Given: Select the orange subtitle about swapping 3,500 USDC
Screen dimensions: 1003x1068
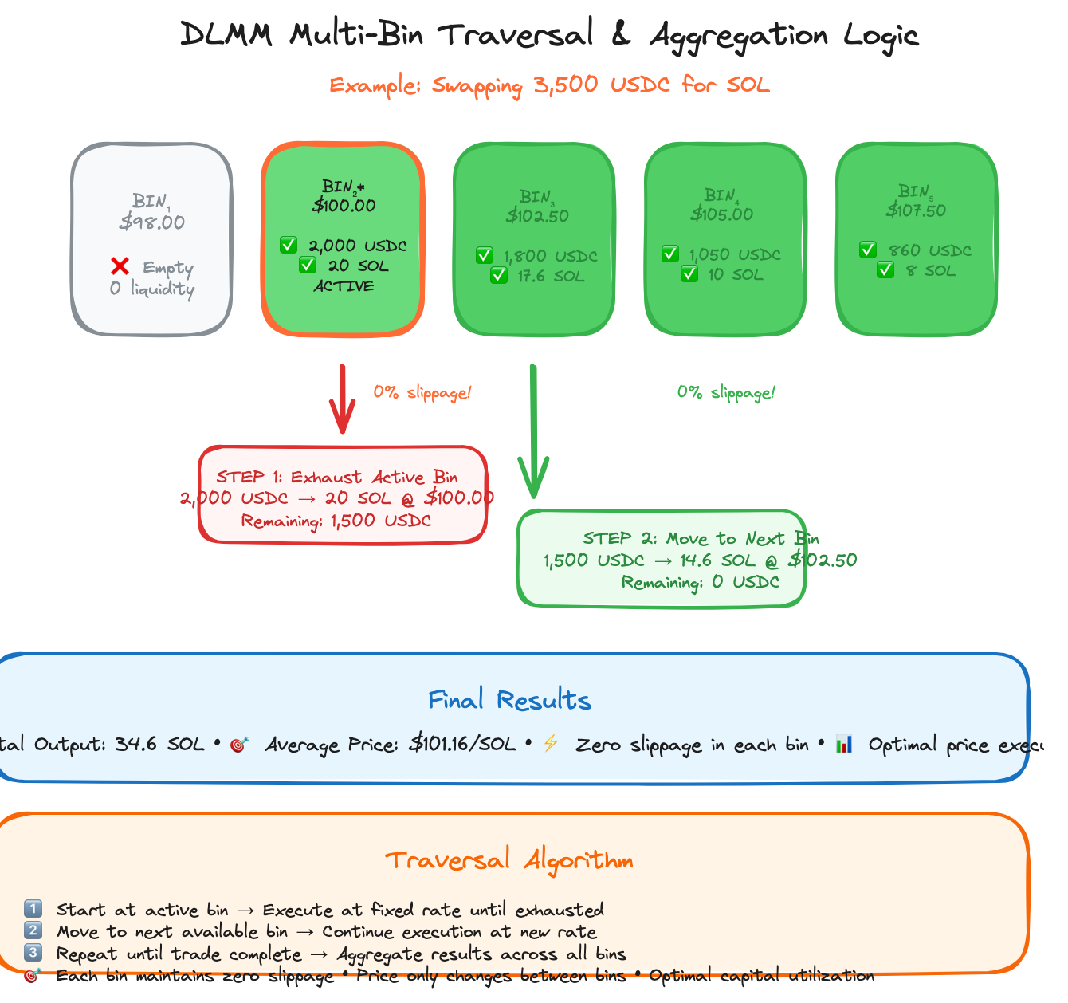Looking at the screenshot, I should click(549, 85).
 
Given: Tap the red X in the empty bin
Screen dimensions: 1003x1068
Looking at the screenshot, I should click(120, 266).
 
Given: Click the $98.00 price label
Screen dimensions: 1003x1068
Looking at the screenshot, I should click(151, 222).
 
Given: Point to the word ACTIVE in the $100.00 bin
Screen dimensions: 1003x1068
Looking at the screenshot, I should click(343, 286).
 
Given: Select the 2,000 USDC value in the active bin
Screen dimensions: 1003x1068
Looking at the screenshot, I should click(357, 246).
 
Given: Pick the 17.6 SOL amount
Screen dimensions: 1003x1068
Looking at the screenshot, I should click(551, 276).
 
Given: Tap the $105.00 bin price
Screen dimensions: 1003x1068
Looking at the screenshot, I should click(722, 214).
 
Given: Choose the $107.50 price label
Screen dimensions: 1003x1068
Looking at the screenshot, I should click(916, 210).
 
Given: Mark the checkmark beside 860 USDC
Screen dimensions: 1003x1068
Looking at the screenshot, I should click(868, 250).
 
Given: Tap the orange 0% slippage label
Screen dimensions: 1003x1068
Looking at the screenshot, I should click(422, 392).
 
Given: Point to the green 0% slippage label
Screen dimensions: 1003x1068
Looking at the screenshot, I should click(726, 392).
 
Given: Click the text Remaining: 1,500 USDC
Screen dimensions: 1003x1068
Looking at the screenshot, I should click(336, 521).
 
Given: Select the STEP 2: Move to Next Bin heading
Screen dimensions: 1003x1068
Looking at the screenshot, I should click(700, 538).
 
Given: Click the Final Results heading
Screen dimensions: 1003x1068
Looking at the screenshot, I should click(509, 700).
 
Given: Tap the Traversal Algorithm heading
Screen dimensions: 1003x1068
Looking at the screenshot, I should click(509, 860).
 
